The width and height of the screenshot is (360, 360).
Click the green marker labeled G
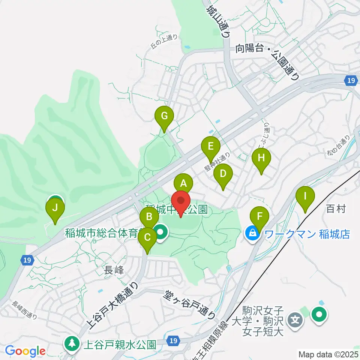[164, 116]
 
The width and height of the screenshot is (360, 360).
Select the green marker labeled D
[223, 174]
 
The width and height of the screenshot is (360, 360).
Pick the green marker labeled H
[261, 158]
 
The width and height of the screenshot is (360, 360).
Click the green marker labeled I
[305, 196]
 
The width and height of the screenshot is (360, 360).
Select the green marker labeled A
[183, 184]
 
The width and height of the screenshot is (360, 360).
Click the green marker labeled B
[149, 217]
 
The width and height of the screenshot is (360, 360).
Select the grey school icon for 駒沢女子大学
[296, 320]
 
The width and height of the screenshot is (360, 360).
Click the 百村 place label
[336, 209]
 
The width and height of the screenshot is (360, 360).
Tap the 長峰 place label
[114, 269]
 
